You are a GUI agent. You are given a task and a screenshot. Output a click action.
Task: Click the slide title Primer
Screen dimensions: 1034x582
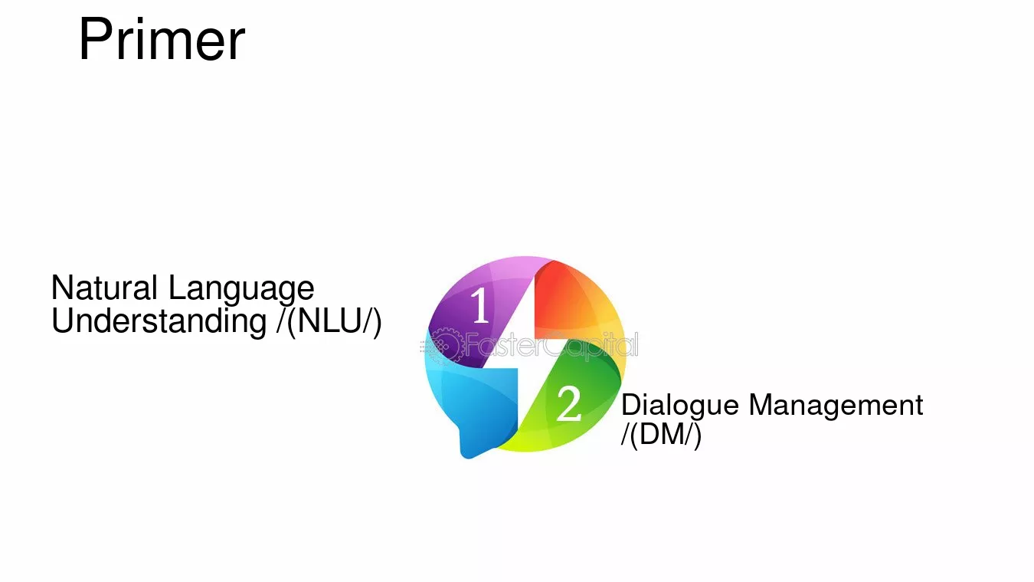pos(162,39)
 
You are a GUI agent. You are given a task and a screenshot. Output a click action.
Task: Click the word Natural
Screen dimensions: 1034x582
pos(104,288)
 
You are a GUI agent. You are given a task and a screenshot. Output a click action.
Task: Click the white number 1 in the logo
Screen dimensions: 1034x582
pos(480,305)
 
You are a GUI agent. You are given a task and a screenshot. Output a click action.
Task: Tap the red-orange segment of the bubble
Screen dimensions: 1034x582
pos(572,301)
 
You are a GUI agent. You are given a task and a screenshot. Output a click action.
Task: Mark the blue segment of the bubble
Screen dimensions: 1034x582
pos(476,407)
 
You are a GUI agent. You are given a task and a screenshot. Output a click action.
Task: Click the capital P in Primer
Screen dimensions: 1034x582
pos(95,39)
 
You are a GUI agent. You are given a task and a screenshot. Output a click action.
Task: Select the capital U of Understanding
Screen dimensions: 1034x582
pos(63,321)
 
